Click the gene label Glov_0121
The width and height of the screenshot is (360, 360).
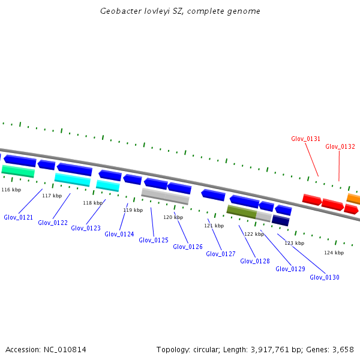(18, 217)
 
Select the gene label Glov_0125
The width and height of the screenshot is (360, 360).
(154, 240)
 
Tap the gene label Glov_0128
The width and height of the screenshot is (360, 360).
(255, 261)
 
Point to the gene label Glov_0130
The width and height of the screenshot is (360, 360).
(325, 277)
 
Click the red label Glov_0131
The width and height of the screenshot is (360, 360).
(306, 139)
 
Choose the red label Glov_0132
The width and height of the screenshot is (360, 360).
(340, 146)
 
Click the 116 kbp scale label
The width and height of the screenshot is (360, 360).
(11, 190)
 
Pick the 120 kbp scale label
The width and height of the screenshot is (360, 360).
(173, 217)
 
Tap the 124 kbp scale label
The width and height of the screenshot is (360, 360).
(334, 253)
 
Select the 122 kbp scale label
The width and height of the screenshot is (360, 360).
(254, 234)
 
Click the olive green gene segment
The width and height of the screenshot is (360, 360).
(241, 211)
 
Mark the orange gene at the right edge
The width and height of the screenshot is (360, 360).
(353, 199)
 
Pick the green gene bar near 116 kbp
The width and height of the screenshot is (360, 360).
(18, 172)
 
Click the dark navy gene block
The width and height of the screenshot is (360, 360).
(281, 220)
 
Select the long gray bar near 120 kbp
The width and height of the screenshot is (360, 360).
(165, 196)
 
